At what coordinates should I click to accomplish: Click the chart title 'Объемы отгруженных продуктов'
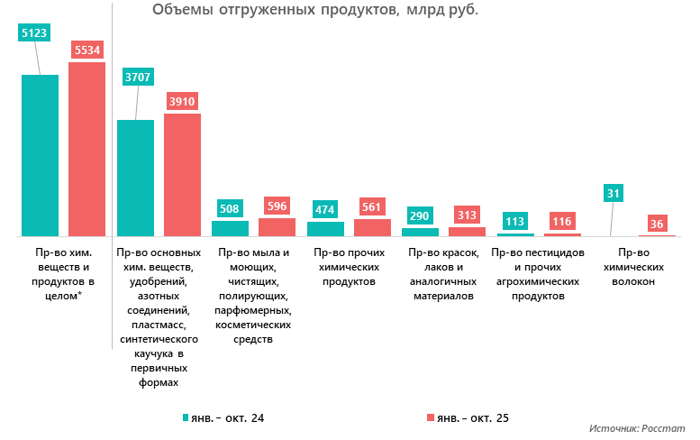click(315, 10)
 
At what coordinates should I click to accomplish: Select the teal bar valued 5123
click(40, 155)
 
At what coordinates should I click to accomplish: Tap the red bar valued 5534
click(87, 149)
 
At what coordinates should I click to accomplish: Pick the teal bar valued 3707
click(135, 178)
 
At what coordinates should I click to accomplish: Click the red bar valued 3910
click(182, 175)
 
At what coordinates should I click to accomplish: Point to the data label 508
click(230, 209)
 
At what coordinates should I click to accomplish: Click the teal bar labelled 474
click(325, 229)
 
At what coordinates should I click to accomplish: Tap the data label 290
click(420, 217)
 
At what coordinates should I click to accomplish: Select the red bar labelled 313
click(467, 232)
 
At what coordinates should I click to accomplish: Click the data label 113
click(515, 222)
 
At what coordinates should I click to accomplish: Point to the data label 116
click(562, 222)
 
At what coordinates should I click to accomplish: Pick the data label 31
click(614, 193)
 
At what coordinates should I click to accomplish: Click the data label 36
click(657, 224)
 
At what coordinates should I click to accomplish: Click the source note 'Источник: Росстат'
click(637, 428)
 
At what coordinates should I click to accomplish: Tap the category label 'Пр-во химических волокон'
click(636, 267)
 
